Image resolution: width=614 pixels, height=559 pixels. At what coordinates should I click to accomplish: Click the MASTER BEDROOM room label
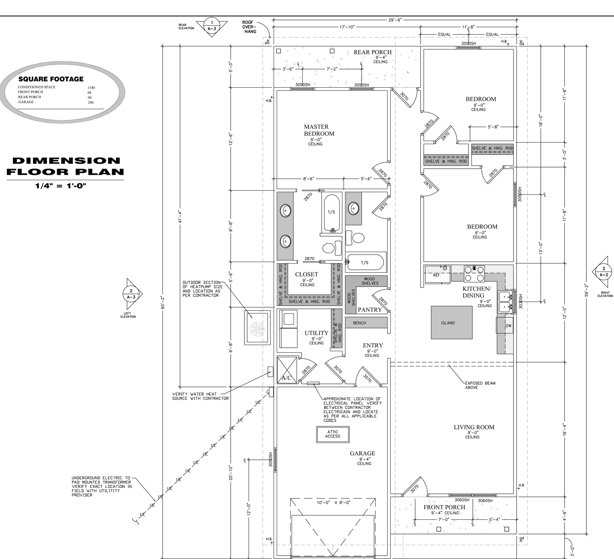tap(319, 130)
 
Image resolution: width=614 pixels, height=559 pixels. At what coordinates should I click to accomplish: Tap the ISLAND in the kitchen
tap(452, 322)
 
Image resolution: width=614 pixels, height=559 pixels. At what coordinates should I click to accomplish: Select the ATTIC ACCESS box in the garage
tap(333, 434)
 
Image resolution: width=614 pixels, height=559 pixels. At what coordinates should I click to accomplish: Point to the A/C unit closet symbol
tap(287, 370)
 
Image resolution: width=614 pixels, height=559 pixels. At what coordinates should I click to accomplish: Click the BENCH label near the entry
tap(360, 323)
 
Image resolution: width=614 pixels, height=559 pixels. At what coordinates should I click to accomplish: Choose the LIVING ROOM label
tap(474, 427)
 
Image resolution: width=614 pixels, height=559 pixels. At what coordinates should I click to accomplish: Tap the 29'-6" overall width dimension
tap(395, 20)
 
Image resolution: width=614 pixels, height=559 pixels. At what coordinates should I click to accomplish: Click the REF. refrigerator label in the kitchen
tap(437, 275)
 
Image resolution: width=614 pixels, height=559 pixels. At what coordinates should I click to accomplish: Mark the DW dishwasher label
tap(508, 326)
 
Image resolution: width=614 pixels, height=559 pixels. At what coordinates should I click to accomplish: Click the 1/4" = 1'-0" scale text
tap(61, 186)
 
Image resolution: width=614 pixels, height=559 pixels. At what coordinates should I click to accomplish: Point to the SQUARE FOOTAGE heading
tap(51, 79)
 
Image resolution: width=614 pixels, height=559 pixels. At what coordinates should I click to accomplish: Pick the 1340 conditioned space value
tap(91, 88)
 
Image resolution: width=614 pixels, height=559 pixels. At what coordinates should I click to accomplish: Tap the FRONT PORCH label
tap(444, 507)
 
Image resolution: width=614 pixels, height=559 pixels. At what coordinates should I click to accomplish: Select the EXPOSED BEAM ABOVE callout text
tap(480, 385)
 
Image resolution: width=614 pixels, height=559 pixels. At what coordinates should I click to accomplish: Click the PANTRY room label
tap(370, 310)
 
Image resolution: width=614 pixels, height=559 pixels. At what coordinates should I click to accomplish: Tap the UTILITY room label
tap(317, 333)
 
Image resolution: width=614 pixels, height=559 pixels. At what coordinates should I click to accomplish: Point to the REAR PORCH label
tap(373, 52)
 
